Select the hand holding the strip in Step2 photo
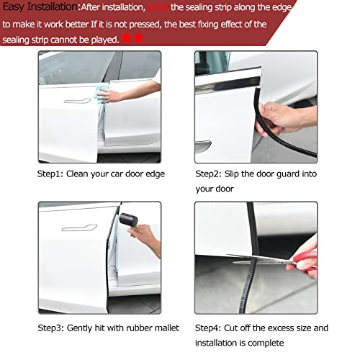[277, 117]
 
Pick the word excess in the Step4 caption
[281, 328]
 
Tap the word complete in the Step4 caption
[288, 343]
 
